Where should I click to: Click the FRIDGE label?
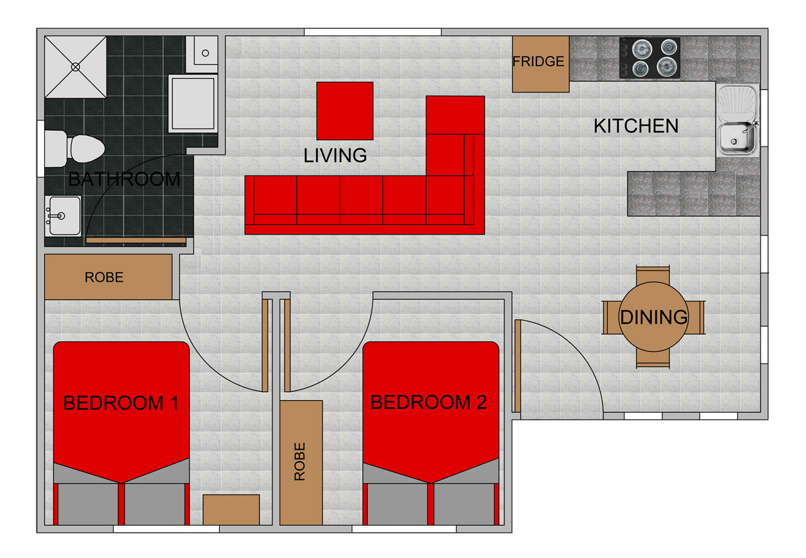[x=538, y=62]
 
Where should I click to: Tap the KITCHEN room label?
[x=636, y=126]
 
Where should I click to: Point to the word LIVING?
[x=335, y=155]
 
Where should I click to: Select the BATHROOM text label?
[x=124, y=179]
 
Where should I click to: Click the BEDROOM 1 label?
[x=121, y=403]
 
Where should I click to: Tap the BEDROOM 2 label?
[x=429, y=403]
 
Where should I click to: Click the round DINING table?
[x=654, y=317]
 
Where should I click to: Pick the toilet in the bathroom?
[x=74, y=148]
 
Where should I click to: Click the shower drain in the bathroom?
[x=76, y=67]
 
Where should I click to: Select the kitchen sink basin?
[x=737, y=138]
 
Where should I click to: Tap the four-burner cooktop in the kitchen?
[x=649, y=58]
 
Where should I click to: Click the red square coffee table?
[x=344, y=111]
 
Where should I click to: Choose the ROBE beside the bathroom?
[x=108, y=277]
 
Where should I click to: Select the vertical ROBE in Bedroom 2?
[x=301, y=463]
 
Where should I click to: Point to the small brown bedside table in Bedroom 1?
[x=231, y=510]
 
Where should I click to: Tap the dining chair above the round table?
[x=653, y=275]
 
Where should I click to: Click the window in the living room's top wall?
[x=373, y=32]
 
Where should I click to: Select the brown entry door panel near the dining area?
[x=518, y=366]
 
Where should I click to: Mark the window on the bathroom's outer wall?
[x=41, y=149]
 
